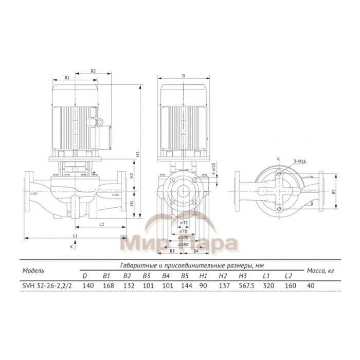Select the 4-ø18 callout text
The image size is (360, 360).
click(x=213, y=169)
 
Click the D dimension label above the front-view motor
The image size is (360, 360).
click(x=183, y=76)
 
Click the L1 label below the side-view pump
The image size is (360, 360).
click(x=75, y=236)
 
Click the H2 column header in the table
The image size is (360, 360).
click(x=223, y=276)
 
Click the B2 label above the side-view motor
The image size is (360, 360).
click(x=94, y=70)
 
